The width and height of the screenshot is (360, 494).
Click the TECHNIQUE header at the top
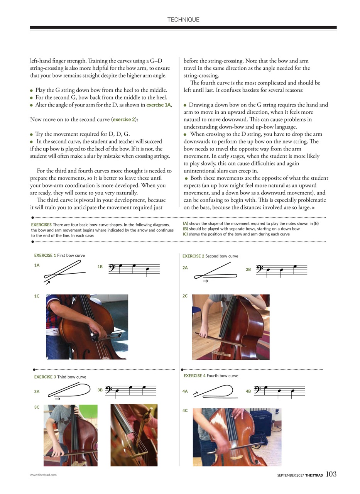tap(183, 20)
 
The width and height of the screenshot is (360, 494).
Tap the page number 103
tap(331, 474)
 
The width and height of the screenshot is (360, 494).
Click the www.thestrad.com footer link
tap(43, 475)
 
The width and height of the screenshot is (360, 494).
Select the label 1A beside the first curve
tap(37, 265)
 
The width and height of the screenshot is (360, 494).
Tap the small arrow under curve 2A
tap(206, 281)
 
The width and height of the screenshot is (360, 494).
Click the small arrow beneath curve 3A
tap(57, 398)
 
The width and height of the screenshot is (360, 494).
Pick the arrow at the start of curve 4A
tap(196, 393)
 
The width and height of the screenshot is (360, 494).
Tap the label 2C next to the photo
tap(185, 296)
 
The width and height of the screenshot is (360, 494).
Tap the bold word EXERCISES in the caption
tap(41, 225)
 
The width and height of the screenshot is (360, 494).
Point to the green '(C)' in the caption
tap(186, 234)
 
